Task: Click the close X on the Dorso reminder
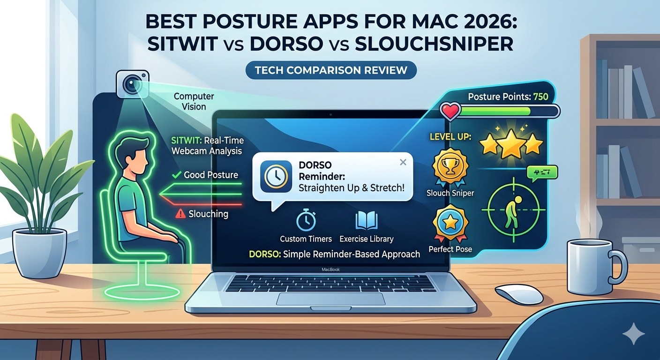[x=403, y=162]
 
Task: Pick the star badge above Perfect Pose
[x=450, y=223]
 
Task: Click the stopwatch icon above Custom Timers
[x=306, y=221]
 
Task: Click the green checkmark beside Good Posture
[x=177, y=175]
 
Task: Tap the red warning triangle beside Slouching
[x=180, y=214]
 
